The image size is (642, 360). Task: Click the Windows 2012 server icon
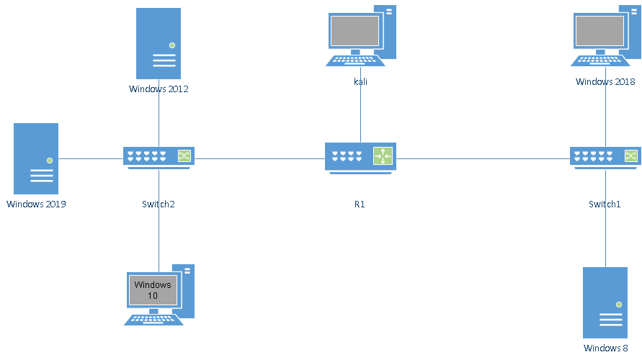[x=159, y=43]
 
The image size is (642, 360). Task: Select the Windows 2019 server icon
[x=36, y=158]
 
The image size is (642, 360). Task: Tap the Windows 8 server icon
[x=605, y=302]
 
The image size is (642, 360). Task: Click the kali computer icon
[x=360, y=36]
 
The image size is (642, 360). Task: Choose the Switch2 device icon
[x=159, y=157]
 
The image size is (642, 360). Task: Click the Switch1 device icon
[x=605, y=157]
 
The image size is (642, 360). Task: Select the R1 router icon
[x=360, y=157]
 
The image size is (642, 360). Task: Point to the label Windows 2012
[x=159, y=89]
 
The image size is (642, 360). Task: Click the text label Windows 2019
[x=37, y=204]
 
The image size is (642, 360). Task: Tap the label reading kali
[x=360, y=82]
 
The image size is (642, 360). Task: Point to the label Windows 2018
[x=605, y=82]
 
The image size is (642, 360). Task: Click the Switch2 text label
[x=159, y=204]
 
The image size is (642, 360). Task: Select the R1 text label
[x=360, y=204]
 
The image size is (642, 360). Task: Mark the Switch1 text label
[x=605, y=204]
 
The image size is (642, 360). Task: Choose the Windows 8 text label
[x=605, y=349]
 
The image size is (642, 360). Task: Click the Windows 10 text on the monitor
[x=153, y=290]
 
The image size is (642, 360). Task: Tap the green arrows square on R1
[x=383, y=156]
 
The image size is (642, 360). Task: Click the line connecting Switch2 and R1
[x=259, y=158]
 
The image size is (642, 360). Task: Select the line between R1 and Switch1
[x=483, y=158]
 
